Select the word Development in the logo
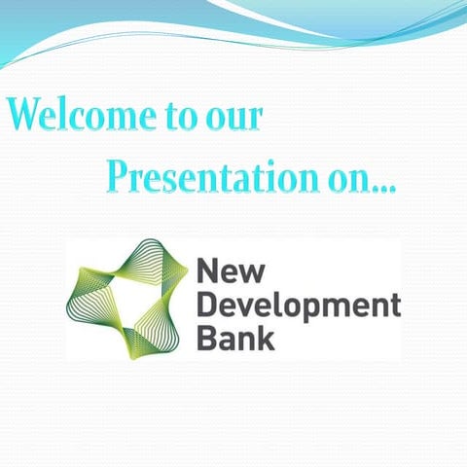click(x=299, y=305)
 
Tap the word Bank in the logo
click(x=235, y=338)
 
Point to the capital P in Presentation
click(x=120, y=176)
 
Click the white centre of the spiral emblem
click(x=126, y=297)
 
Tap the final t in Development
click(x=394, y=305)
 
